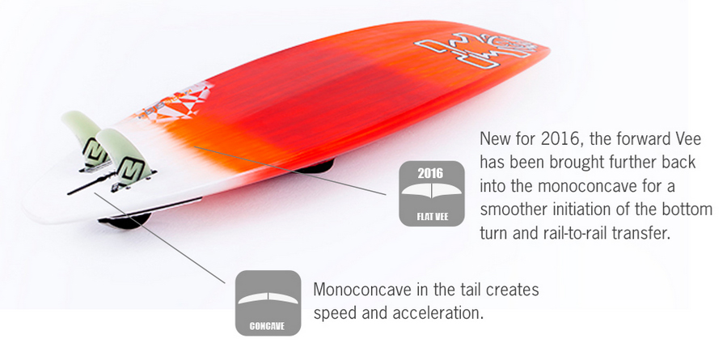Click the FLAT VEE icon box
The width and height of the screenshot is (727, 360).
click(432, 193)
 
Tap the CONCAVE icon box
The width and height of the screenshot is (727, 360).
click(268, 303)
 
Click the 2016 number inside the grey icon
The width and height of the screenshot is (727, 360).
click(430, 173)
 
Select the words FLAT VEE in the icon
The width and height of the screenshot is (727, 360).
click(432, 216)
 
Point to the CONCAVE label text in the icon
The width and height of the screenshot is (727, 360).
click(267, 326)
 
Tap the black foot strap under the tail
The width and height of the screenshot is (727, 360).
click(126, 221)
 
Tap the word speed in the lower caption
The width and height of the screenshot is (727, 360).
click(336, 314)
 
